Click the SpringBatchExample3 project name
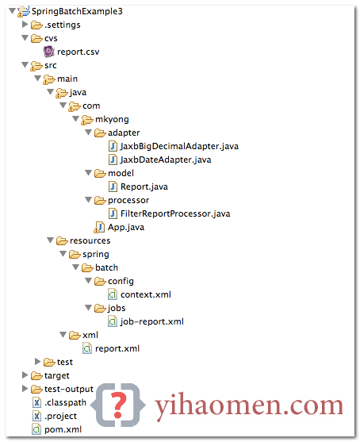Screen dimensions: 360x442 tap(77, 12)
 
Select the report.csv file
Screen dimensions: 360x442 tap(78, 52)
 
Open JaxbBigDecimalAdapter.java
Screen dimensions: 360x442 tap(179, 146)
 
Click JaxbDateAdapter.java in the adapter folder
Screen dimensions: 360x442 tap(166, 160)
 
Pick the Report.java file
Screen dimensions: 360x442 tap(144, 186)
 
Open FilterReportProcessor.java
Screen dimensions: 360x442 tap(175, 213)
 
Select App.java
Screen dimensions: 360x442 tap(126, 227)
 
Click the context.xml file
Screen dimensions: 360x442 tap(146, 294)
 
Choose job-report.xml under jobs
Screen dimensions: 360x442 tap(151, 321)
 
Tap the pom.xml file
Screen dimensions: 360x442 tap(63, 429)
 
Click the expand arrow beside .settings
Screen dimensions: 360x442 tap(25, 25)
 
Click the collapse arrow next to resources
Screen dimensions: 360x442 tap(51, 240)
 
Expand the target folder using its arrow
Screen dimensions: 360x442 tap(25, 375)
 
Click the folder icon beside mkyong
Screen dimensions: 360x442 tap(87, 120)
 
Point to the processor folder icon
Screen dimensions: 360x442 tap(100, 201)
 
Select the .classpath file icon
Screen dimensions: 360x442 tap(36, 402)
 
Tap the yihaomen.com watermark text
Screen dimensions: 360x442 tap(249, 405)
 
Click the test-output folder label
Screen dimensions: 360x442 tap(69, 390)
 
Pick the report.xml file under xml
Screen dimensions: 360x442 tap(117, 348)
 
